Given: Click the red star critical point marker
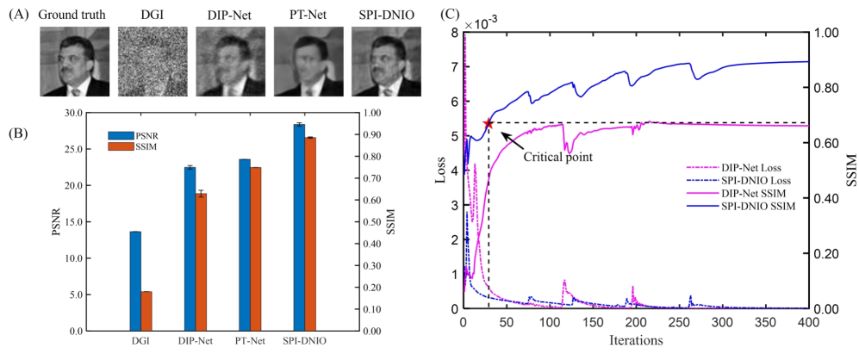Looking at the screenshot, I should [489, 123].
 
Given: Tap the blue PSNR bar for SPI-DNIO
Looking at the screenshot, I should [298, 227].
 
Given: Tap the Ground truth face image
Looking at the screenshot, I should [75, 61].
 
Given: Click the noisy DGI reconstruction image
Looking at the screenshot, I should [153, 61].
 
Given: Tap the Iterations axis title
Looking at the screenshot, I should [635, 340].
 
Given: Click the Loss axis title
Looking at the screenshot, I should [439, 171].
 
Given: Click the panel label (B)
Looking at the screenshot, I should [17, 133].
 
